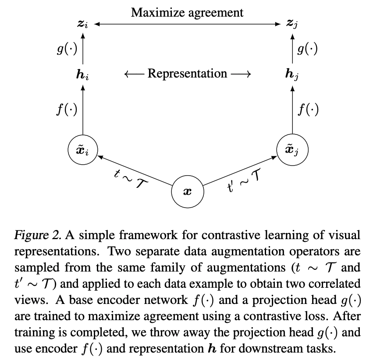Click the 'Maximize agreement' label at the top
[x=187, y=12]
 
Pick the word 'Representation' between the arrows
[x=187, y=74]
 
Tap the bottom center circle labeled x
[x=188, y=192]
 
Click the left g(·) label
[x=66, y=49]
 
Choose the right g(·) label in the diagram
[x=307, y=49]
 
